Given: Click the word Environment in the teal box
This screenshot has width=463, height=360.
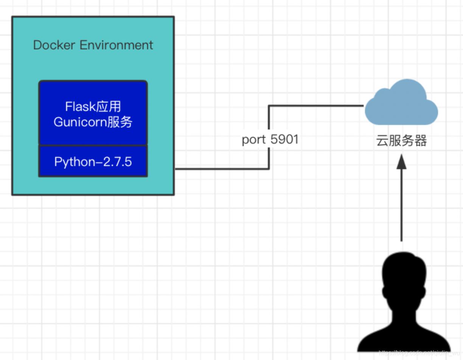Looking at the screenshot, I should pos(116,45).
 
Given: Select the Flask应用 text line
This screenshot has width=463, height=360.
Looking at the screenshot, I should pos(93,107).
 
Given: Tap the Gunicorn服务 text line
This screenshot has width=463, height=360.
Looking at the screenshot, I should pos(93,122).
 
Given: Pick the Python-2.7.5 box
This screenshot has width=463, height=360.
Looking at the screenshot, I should pos(93,161).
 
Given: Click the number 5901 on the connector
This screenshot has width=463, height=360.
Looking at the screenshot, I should pos(284,140).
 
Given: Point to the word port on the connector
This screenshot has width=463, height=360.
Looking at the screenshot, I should pos(254,140).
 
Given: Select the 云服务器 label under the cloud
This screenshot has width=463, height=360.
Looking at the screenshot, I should pos(401,141).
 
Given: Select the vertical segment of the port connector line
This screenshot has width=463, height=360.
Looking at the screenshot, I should pos(269,121).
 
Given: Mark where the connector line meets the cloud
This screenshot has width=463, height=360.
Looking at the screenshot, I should pos(364,106).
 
